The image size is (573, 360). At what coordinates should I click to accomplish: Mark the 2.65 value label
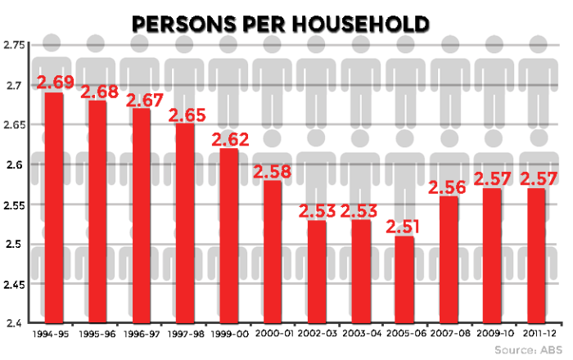tap(187, 115)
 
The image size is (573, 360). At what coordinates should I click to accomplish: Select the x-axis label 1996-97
tap(142, 335)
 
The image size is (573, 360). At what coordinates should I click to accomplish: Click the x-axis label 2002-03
tap(318, 335)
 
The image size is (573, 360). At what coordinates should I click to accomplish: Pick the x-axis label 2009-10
tap(494, 335)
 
